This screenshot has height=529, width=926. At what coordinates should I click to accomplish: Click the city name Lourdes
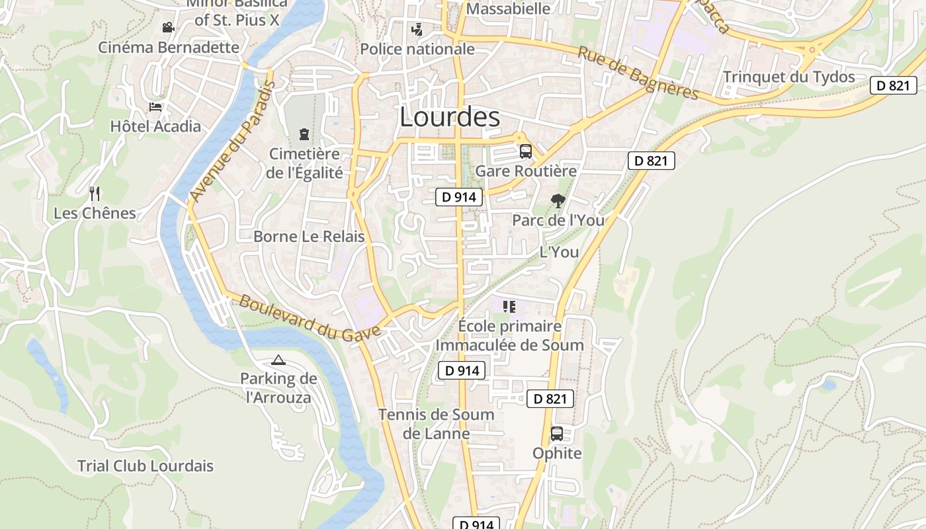(450, 117)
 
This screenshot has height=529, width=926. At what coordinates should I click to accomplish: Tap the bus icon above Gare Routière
(526, 151)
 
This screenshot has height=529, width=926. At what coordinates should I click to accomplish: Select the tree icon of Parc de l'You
(558, 200)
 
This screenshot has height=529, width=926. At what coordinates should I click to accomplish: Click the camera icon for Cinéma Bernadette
(169, 28)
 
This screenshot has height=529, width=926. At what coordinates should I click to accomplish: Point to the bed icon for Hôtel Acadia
(155, 106)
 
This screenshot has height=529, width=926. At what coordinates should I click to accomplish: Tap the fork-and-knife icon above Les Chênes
(95, 193)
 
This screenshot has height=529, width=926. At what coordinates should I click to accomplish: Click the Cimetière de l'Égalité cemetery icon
(304, 134)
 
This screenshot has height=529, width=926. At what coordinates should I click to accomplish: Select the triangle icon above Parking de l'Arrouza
(278, 360)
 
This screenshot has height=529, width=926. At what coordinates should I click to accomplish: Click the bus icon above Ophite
(557, 434)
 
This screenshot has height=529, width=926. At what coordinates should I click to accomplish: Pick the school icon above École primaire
(509, 306)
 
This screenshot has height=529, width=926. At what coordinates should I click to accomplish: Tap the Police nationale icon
(417, 30)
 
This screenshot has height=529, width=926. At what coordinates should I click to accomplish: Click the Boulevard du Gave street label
(310, 317)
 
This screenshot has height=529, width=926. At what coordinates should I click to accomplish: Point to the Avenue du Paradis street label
(232, 142)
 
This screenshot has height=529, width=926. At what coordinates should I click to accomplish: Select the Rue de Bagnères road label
(638, 73)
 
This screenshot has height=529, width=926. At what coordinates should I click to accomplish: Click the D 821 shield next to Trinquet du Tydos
(893, 85)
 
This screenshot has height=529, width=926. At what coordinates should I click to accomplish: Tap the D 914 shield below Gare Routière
(459, 196)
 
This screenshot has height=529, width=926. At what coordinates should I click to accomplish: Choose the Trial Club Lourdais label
(146, 466)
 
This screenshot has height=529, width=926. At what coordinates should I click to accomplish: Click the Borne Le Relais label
(309, 237)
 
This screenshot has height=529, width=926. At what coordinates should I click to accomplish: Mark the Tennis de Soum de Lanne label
(436, 424)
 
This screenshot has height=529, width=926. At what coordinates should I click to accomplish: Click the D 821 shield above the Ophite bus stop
(550, 399)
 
